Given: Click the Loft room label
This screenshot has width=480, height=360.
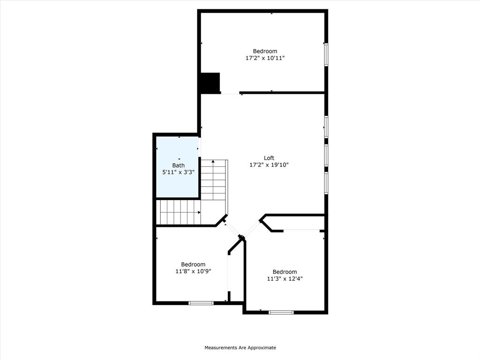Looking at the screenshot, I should [269, 158].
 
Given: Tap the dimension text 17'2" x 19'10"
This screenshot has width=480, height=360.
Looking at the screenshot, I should [269, 165].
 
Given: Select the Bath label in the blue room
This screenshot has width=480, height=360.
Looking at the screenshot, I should [178, 165].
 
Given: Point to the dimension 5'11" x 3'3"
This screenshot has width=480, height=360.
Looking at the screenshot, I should [178, 172].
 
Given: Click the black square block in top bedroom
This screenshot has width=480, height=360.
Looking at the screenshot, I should [210, 83].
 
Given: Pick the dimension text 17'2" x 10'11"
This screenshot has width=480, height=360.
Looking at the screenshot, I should [265, 58].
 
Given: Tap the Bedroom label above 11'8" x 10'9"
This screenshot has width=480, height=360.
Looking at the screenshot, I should [193, 264].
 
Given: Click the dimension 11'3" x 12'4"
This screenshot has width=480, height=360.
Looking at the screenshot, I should [285, 278].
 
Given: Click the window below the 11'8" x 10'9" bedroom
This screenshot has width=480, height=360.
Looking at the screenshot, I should [201, 303].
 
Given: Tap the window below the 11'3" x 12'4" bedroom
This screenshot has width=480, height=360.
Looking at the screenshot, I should [281, 312].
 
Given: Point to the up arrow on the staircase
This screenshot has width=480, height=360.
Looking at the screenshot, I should [213, 162].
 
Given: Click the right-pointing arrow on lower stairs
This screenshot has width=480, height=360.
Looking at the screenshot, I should [199, 212].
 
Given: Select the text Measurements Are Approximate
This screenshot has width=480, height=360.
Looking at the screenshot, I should [240, 348].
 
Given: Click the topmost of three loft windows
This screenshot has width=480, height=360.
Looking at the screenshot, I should [326, 127].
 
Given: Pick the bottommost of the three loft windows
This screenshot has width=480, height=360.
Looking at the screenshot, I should [326, 183].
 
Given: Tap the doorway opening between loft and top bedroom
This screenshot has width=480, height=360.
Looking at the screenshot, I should [230, 94].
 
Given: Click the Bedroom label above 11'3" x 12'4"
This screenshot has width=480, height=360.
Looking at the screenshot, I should [285, 272].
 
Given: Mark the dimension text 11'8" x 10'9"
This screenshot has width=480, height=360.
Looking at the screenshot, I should [193, 271].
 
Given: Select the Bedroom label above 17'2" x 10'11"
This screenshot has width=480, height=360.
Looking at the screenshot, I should [265, 51].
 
